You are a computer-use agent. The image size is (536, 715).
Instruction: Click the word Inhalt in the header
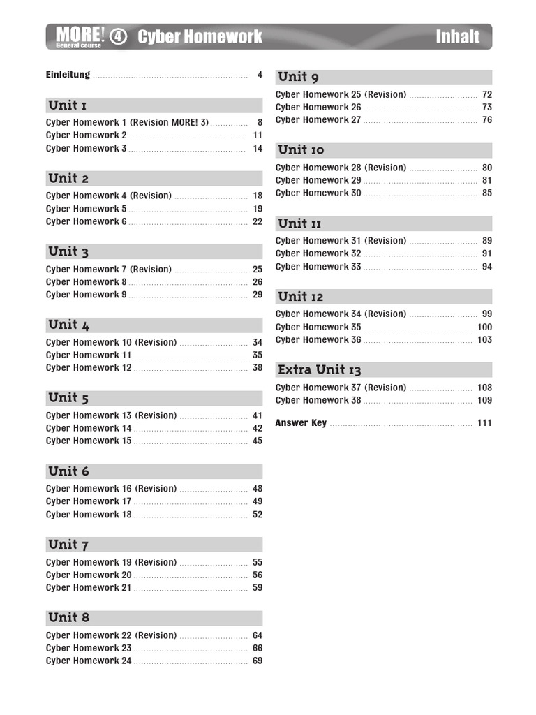(x=457, y=37)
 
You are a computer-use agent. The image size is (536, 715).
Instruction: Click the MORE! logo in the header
(x=80, y=35)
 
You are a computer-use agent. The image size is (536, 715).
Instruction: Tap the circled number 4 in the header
(x=119, y=37)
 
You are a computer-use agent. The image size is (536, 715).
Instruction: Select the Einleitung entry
(x=68, y=75)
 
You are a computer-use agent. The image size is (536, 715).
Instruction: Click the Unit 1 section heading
(x=68, y=105)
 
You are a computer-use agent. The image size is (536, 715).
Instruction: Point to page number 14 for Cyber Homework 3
(x=258, y=149)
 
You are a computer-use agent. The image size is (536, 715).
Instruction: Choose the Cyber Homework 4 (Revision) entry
(x=109, y=196)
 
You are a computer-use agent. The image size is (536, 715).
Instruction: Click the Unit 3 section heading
(x=68, y=252)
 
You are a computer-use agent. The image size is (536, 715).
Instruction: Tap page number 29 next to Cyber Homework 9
(x=258, y=295)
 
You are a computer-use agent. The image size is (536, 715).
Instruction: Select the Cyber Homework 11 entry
(x=89, y=355)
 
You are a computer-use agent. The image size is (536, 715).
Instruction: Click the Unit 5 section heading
(x=68, y=398)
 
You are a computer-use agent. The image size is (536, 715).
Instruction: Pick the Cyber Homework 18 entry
(x=89, y=515)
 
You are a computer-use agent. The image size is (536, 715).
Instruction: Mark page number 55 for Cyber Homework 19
(x=258, y=562)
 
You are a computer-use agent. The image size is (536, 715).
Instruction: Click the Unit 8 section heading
(x=68, y=618)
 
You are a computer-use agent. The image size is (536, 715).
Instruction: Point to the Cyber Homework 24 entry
(x=89, y=661)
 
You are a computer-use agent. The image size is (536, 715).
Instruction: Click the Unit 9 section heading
(x=298, y=78)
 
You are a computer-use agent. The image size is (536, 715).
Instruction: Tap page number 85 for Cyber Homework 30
(x=487, y=193)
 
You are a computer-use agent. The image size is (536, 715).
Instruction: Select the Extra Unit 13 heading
(x=320, y=370)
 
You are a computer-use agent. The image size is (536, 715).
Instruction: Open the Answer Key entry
(x=301, y=423)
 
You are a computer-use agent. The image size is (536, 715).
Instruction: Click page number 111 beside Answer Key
(x=484, y=423)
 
